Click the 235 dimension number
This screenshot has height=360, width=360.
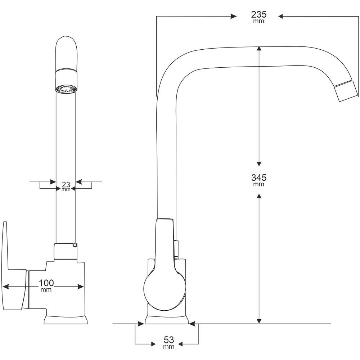click(x=258, y=15)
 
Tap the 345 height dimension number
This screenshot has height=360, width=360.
click(x=258, y=177)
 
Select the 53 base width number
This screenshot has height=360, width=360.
click(x=168, y=339)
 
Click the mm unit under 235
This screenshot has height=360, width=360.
click(x=258, y=21)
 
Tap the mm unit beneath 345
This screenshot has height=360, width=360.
click(x=258, y=184)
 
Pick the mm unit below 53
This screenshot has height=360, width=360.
click(x=168, y=347)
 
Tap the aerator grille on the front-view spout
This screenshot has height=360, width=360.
click(x=66, y=89)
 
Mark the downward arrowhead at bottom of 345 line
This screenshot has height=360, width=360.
click(x=258, y=321)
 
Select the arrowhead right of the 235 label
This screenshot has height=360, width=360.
click(x=281, y=16)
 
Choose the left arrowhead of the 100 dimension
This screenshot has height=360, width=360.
click(x=5, y=287)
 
